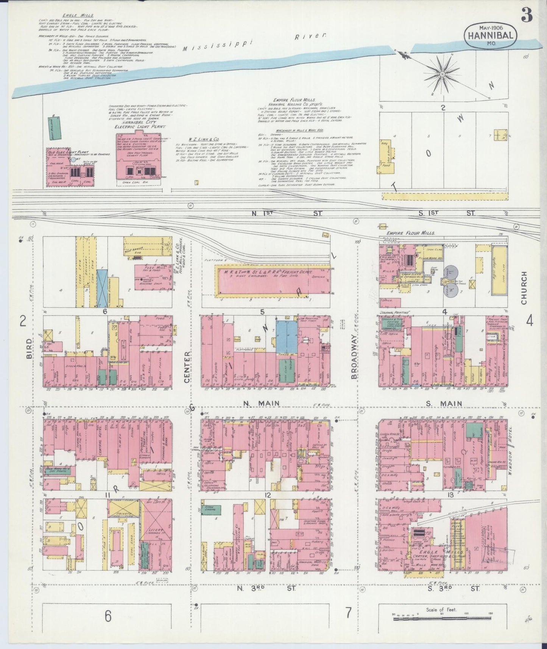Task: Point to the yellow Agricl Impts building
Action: coord(499,270)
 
